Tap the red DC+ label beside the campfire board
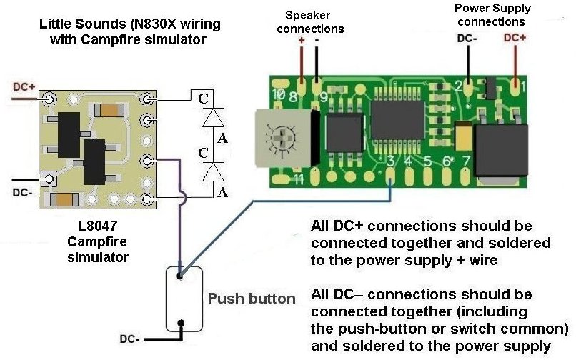pyautogui.click(x=24, y=86)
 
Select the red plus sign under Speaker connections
pyautogui.click(x=301, y=41)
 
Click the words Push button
pyautogui.click(x=252, y=298)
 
